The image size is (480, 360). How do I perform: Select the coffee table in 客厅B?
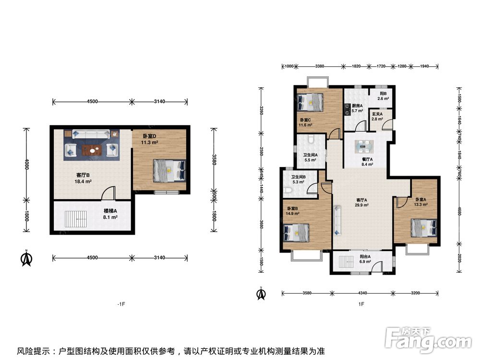[x=92, y=150]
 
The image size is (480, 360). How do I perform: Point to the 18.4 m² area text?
[x=83, y=181]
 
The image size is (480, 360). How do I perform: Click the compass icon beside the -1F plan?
[x=26, y=259]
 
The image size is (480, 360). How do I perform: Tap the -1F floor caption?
[x=121, y=304]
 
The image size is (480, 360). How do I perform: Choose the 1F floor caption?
[x=361, y=304]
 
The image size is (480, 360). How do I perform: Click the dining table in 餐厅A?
[x=364, y=147]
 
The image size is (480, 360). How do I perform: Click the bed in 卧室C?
[x=310, y=102]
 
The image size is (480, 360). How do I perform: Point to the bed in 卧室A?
[x=424, y=228]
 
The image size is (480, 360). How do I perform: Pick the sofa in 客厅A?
[x=337, y=221]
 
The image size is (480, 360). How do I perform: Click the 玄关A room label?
[x=377, y=114]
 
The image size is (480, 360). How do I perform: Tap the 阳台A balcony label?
[x=365, y=256]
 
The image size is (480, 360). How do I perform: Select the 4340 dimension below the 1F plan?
[x=362, y=293]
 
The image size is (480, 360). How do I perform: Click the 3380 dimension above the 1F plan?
[x=320, y=66]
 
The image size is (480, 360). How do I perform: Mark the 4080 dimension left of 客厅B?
[x=26, y=164]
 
